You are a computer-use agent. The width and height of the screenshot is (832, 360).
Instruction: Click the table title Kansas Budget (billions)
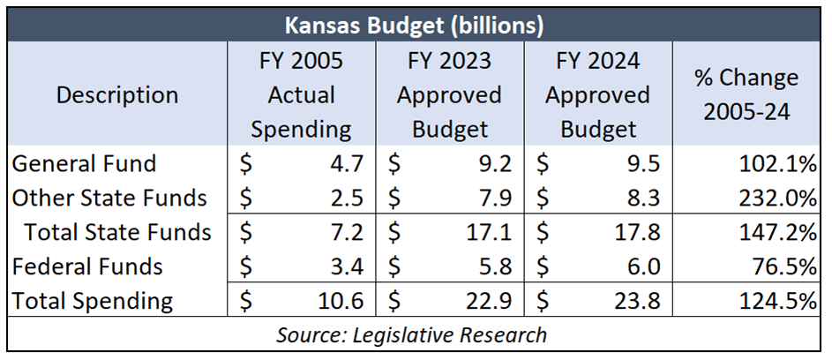[x=416, y=25]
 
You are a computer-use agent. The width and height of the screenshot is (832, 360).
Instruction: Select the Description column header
[x=117, y=94]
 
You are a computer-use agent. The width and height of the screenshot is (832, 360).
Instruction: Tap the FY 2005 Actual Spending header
[x=301, y=95]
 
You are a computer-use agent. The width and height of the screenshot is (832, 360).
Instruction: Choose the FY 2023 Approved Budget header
[x=449, y=95]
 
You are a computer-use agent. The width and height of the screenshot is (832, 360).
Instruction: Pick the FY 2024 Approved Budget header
[x=597, y=95]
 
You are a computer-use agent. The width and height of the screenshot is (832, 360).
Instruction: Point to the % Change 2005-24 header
[x=746, y=94]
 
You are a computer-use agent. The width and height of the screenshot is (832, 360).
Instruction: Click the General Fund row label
[x=84, y=163]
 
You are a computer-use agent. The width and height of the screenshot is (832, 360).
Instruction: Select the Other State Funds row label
[x=109, y=198]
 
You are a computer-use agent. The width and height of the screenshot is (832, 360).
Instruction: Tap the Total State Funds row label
[x=117, y=232]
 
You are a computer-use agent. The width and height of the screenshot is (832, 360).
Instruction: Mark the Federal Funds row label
[x=87, y=266]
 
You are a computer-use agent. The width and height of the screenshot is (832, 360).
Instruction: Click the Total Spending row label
[x=92, y=301]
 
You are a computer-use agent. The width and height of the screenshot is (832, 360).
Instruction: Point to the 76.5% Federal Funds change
[x=786, y=266]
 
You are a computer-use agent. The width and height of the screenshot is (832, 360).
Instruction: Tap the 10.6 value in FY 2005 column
[x=342, y=301]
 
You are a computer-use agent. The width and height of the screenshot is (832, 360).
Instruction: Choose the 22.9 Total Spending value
[x=491, y=301]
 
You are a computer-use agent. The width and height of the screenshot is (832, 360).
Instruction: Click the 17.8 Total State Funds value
[x=639, y=232]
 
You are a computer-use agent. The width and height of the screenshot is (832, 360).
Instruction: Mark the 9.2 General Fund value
[x=497, y=163]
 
